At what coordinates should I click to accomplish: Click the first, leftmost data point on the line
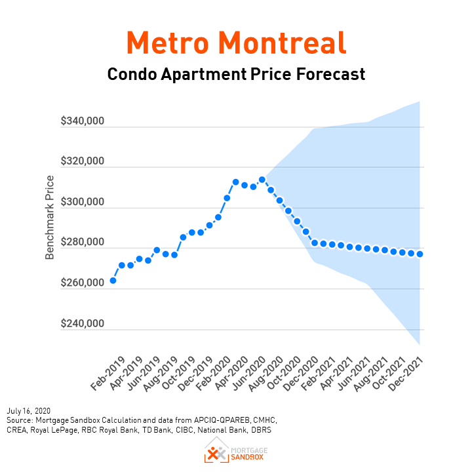point(113,281)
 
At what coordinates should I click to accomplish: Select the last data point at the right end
point(420,254)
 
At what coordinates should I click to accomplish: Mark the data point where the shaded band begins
point(262,180)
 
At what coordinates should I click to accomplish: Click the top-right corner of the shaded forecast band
point(419,102)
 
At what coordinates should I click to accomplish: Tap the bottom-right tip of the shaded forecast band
point(419,344)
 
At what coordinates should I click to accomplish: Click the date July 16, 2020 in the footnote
point(29,410)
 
